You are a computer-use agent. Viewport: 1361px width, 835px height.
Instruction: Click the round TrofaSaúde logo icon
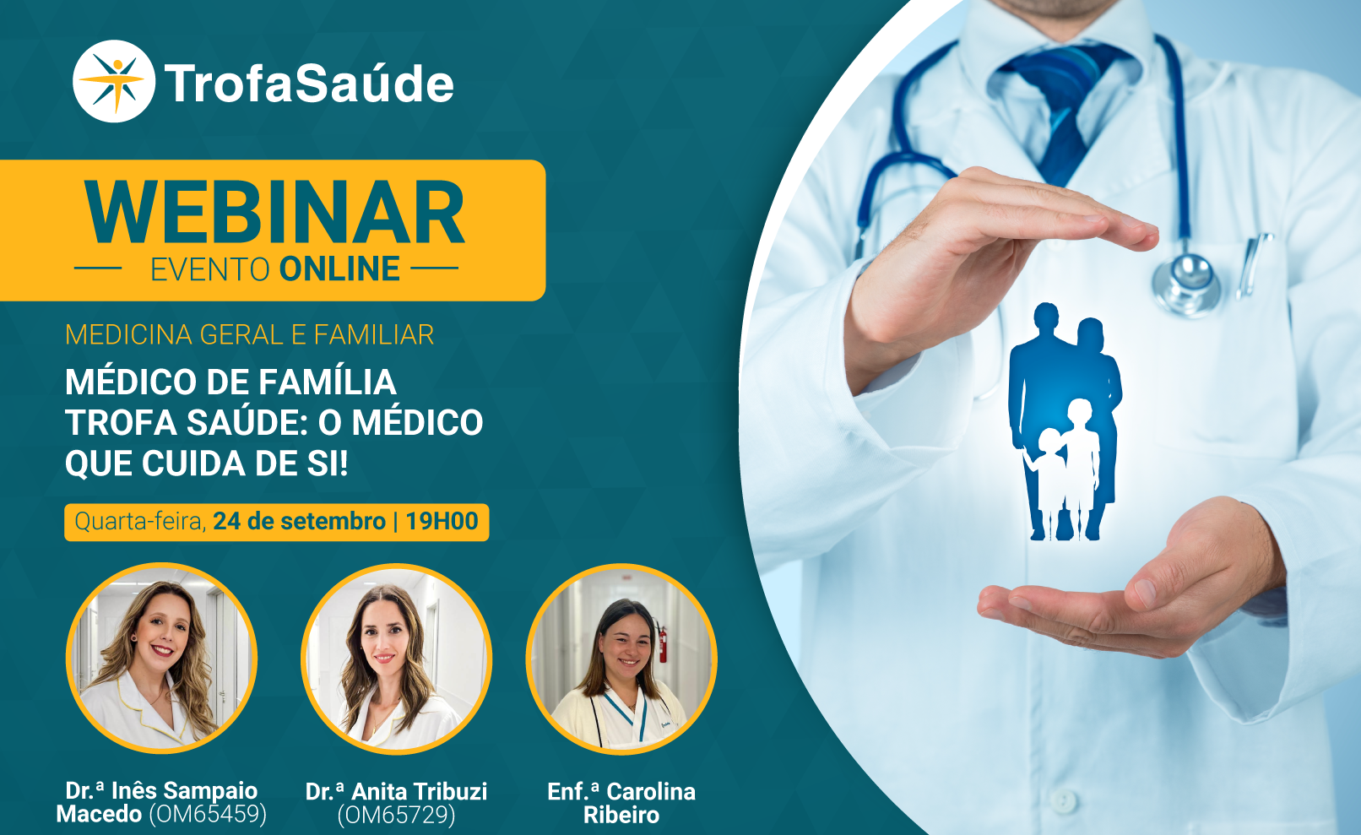pos(114,81)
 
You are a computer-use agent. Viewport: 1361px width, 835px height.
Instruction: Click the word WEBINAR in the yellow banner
pos(274,213)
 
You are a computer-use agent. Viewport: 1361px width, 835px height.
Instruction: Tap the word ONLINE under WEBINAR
pos(339,269)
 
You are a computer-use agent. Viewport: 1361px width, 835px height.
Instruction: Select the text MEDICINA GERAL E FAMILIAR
pos(250,335)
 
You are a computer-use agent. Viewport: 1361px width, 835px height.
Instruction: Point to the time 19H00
pos(442,522)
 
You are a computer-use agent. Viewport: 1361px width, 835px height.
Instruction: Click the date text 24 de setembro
pos(299,522)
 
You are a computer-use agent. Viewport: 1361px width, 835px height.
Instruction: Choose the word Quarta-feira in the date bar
pos(140,522)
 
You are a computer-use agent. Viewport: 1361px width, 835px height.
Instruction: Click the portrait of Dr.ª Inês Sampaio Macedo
pos(161,659)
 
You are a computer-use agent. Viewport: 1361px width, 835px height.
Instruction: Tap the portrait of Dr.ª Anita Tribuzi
pos(396,659)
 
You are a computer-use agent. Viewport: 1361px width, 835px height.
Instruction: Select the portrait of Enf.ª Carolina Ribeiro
pos(621,659)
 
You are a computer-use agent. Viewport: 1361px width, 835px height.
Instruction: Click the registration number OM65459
pos(208,815)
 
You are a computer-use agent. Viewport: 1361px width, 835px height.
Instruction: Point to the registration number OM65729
pos(396,815)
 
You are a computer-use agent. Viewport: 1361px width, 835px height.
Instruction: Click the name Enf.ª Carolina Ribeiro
pos(621,803)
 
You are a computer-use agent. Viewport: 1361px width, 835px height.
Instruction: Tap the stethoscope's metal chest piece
pos(1186,284)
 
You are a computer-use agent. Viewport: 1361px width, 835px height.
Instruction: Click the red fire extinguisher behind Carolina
pos(662,641)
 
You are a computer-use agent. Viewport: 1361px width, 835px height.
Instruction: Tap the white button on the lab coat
pos(1064,800)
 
